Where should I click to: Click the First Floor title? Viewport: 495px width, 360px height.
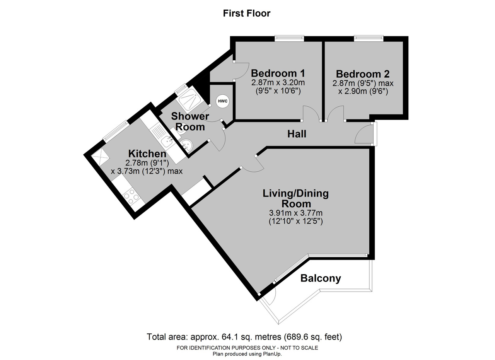(246, 13)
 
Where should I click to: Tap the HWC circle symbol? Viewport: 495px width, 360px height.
(222, 101)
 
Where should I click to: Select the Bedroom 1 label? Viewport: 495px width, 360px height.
(278, 73)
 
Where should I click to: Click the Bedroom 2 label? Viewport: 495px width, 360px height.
(363, 74)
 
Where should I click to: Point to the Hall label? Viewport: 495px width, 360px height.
(297, 134)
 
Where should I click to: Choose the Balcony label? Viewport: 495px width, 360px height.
(321, 278)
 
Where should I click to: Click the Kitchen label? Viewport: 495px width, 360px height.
(147, 154)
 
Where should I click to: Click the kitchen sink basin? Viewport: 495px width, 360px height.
(167, 142)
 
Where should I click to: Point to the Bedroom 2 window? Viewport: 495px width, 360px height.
(369, 38)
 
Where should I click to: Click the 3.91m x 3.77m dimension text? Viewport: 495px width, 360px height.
(296, 213)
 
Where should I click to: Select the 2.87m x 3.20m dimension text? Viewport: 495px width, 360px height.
(278, 83)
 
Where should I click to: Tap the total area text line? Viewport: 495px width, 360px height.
(244, 337)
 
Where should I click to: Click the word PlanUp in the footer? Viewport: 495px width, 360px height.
(272, 354)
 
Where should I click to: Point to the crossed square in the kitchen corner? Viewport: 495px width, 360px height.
(101, 157)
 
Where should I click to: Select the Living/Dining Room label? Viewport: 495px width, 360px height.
(296, 198)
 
